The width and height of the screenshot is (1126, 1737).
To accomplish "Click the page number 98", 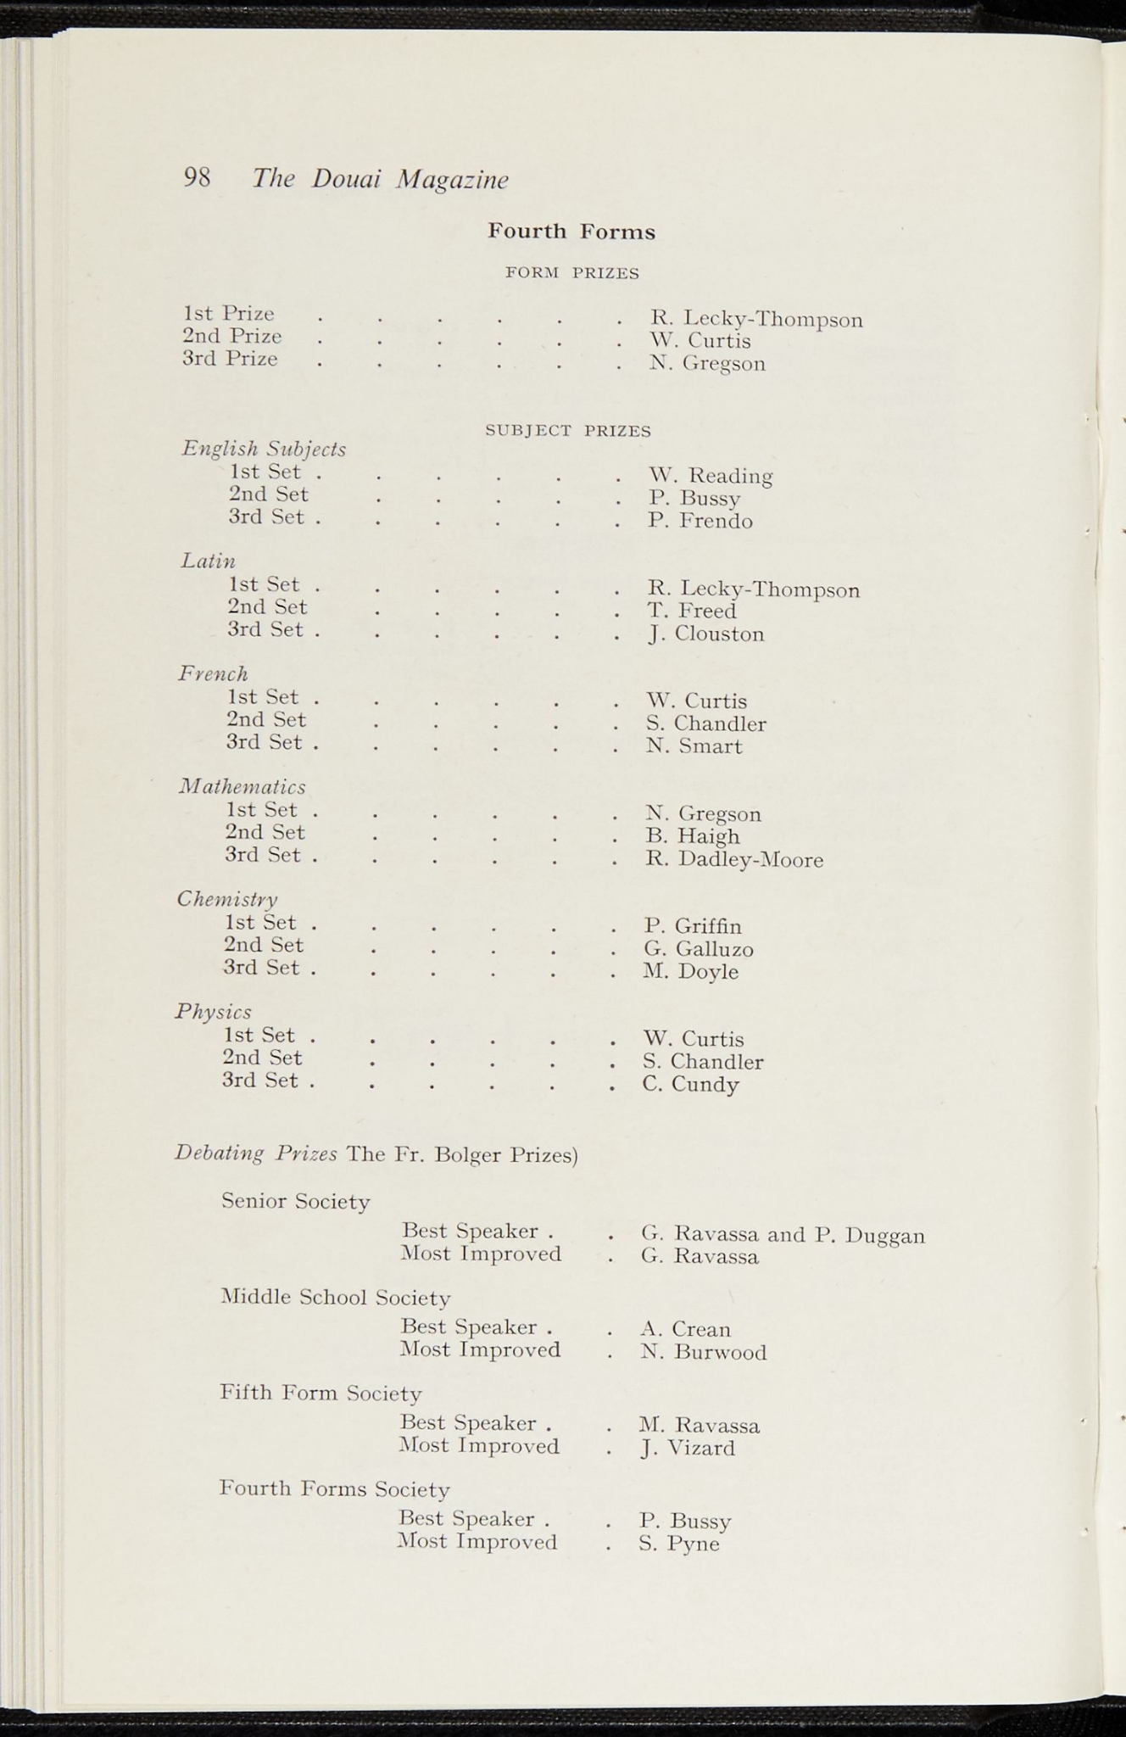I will point(197,177).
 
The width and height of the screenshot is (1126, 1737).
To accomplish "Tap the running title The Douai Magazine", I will point(381,179).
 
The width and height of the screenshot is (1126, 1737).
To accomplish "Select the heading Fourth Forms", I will point(571,232).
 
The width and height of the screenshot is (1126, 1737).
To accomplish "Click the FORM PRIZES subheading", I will point(571,273).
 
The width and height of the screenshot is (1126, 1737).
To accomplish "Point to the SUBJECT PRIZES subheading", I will point(568,431).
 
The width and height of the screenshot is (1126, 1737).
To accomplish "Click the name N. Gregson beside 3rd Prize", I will point(707,364).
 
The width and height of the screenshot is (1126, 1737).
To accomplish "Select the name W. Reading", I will point(711,476).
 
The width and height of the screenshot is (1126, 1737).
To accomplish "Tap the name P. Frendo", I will point(700,521).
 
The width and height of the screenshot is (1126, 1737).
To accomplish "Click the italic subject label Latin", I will point(208,561).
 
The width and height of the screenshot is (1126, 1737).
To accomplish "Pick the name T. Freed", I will point(692,611).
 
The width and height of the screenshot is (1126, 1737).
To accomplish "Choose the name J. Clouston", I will point(705,634).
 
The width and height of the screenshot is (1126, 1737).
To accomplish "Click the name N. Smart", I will point(694,746).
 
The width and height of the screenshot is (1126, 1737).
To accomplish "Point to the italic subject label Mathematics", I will point(242,786).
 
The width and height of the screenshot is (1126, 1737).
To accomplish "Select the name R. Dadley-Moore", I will point(734,860).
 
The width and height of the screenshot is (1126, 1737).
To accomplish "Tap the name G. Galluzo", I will point(699,949).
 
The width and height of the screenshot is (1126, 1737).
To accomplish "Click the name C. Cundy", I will point(690,1085).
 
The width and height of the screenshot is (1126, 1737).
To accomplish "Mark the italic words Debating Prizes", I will point(256,1153).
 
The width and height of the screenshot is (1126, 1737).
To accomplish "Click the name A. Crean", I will point(685,1329).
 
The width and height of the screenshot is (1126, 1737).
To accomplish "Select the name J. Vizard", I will point(687,1448).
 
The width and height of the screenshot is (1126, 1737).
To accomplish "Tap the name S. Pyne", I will point(679,1544).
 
